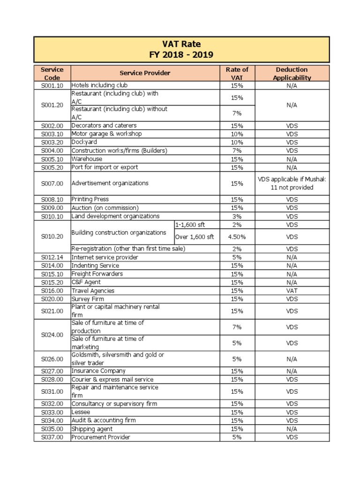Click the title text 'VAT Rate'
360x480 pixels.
click(181, 44)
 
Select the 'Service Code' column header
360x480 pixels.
click(52, 73)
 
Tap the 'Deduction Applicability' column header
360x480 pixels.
click(292, 73)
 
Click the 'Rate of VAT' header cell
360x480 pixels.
click(237, 73)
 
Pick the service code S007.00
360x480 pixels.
click(52, 183)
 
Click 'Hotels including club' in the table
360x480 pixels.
click(99, 85)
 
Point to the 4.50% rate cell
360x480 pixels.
click(237, 237)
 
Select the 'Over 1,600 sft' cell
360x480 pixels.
click(194, 237)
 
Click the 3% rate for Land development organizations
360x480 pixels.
click(237, 216)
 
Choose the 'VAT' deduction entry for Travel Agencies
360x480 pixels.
click(292, 291)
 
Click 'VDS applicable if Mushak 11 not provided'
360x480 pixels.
click(292, 183)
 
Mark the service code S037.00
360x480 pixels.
click(52, 437)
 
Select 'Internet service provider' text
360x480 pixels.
click(105, 257)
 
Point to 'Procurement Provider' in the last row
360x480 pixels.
click(101, 437)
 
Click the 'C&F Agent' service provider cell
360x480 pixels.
click(86, 282)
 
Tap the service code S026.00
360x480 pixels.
click(52, 359)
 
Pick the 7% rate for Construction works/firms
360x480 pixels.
click(237, 150)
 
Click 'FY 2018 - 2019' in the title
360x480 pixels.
click(181, 55)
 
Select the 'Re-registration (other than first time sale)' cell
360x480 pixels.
click(128, 248)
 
